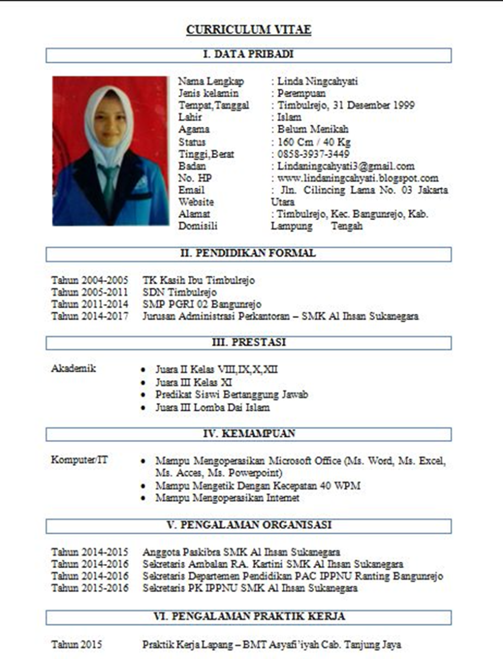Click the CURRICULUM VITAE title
(x=248, y=30)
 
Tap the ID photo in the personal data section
(x=110, y=150)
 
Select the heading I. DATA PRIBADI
(x=248, y=55)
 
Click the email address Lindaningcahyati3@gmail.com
(x=345, y=166)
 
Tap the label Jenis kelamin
(x=208, y=94)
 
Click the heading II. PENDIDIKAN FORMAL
(x=248, y=254)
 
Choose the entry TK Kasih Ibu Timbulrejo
(x=198, y=281)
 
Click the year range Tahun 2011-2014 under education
(x=90, y=304)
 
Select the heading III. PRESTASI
(x=248, y=343)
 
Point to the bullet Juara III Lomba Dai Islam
(x=212, y=407)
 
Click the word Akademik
(x=73, y=368)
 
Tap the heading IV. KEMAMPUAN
(x=248, y=434)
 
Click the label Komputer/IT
(x=79, y=460)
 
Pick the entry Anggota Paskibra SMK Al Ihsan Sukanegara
(x=241, y=552)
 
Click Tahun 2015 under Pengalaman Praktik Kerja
(x=76, y=645)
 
